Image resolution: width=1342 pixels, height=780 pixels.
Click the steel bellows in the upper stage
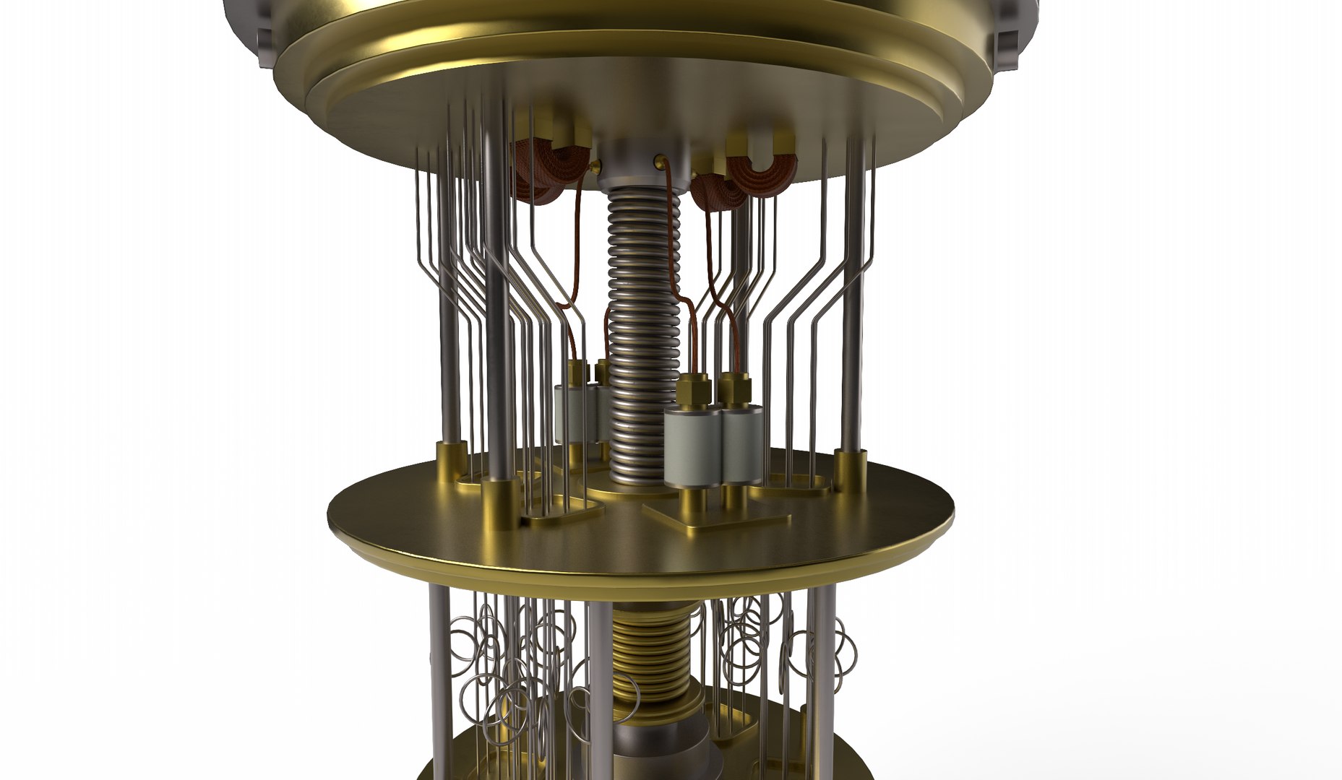pyautogui.click(x=635, y=325)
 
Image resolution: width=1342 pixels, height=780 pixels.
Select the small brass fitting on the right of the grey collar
pyautogui.click(x=659, y=157)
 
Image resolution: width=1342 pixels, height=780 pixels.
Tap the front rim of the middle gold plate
pyautogui.click(x=636, y=571)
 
